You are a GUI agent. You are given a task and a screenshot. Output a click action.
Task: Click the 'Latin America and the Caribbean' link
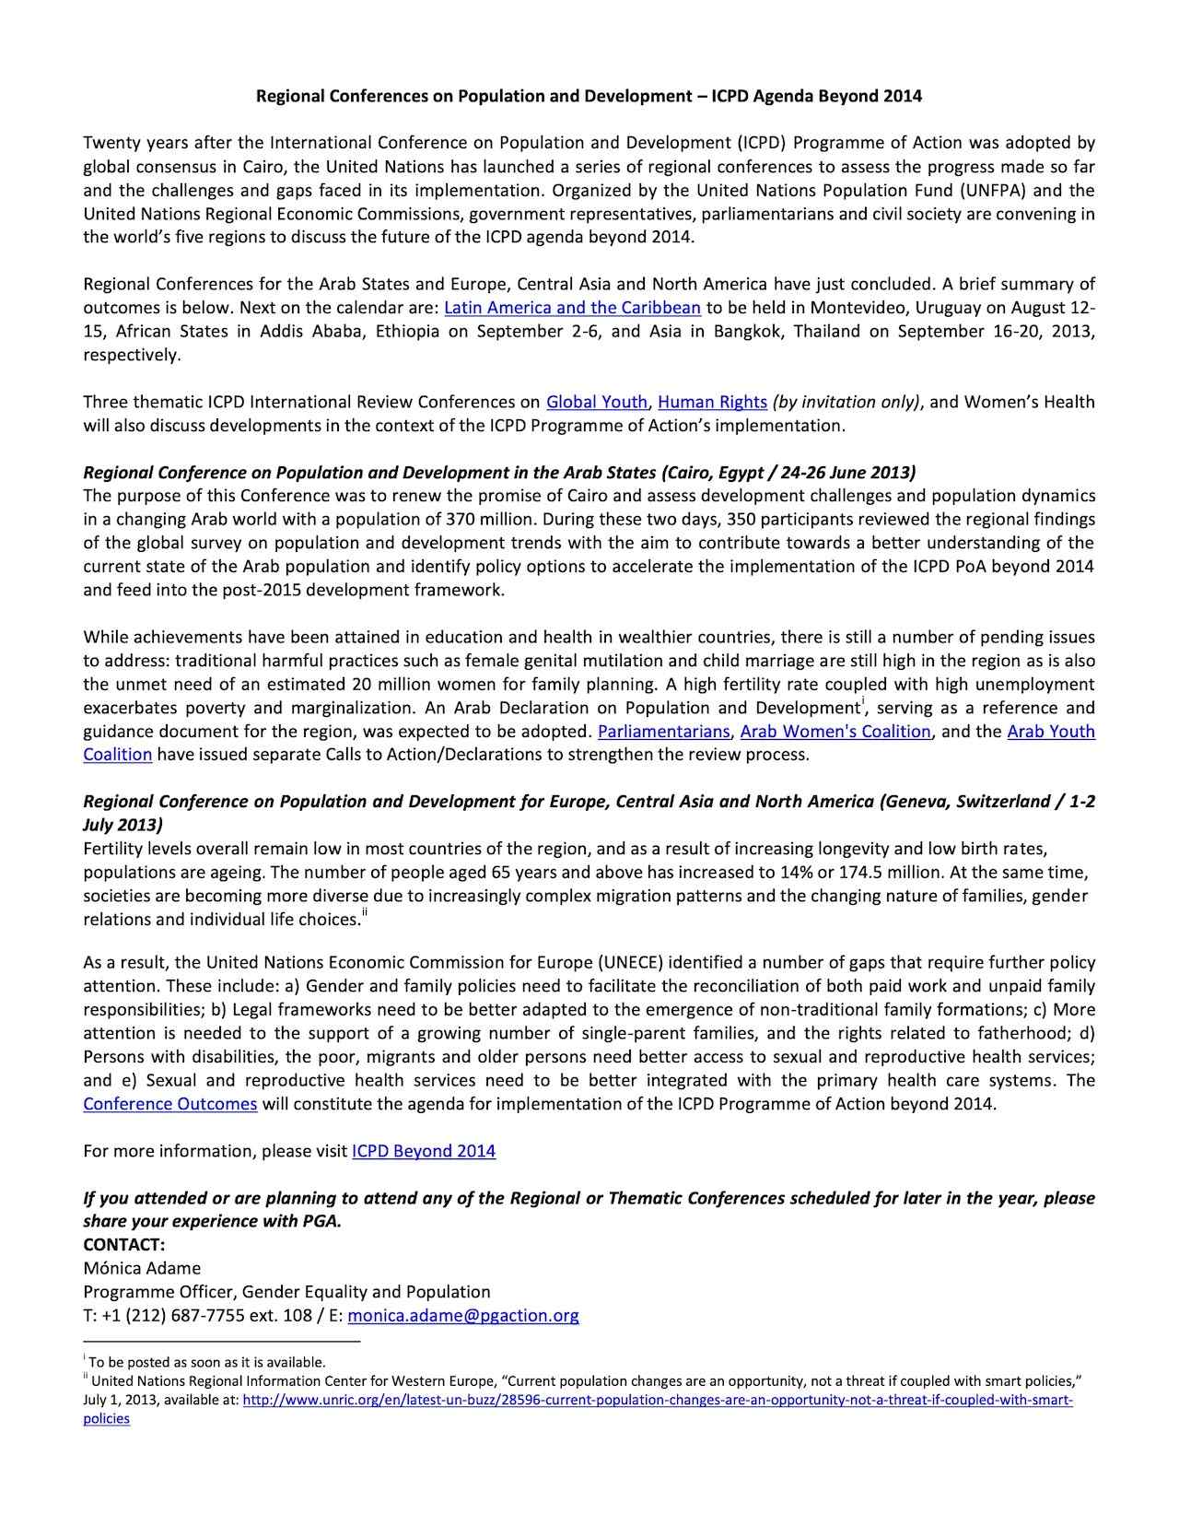tap(572, 308)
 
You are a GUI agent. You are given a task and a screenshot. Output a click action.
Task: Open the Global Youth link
tap(597, 402)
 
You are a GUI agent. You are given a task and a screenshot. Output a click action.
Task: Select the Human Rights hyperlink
tap(712, 402)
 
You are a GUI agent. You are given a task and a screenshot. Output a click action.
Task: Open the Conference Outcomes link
tap(169, 1104)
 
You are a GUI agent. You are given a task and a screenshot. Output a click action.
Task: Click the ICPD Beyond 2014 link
tap(424, 1151)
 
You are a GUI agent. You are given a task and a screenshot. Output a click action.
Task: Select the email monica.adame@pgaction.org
tap(463, 1316)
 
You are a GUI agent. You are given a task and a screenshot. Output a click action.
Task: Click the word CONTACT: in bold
tap(124, 1245)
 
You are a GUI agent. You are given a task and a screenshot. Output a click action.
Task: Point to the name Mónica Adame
tap(142, 1268)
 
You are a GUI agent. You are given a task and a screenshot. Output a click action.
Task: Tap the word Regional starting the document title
tap(289, 96)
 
